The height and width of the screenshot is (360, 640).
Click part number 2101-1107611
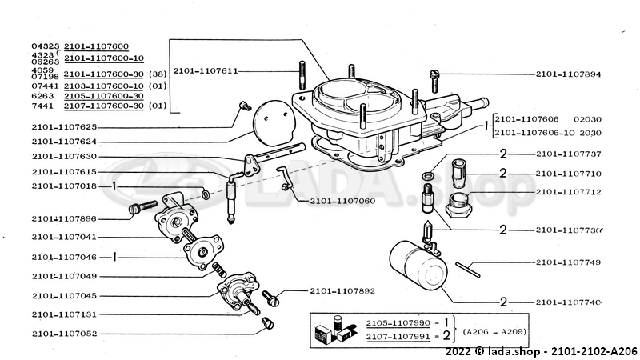(205, 71)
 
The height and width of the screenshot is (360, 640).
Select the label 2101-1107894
(568, 74)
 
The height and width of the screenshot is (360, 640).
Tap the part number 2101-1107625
(65, 126)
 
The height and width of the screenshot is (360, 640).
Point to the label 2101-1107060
(342, 201)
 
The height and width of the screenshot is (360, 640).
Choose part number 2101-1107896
(65, 218)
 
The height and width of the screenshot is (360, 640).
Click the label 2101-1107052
(65, 333)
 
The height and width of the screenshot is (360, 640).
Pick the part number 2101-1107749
(568, 262)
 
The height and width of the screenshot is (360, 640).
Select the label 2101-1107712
(568, 192)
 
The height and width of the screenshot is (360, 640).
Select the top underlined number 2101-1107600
(96, 47)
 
